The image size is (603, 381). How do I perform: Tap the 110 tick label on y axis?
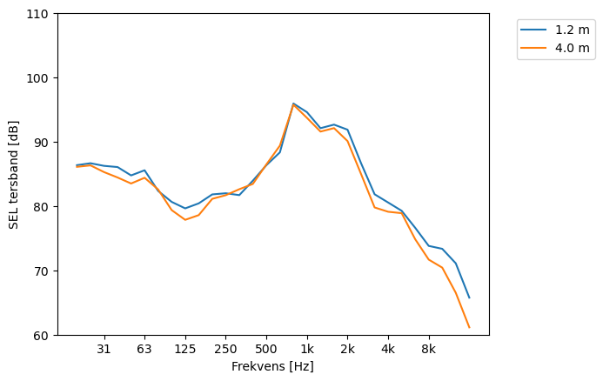click(40, 14)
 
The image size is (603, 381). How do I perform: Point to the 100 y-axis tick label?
click(40, 78)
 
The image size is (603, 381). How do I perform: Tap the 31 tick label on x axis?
click(104, 349)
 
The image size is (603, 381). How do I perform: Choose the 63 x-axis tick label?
click(144, 349)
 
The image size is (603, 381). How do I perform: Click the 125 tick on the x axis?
click(184, 349)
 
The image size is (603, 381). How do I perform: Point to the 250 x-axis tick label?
click(225, 349)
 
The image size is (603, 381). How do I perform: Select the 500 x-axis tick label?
click(266, 349)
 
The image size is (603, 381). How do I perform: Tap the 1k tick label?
click(307, 349)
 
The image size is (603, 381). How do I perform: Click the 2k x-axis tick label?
click(347, 349)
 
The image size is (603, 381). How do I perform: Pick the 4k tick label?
click(388, 349)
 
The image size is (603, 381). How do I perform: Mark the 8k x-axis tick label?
click(429, 349)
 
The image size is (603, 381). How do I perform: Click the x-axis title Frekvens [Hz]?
click(272, 366)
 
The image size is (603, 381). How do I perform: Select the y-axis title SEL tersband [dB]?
click(14, 175)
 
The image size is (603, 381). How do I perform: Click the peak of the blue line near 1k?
click(293, 104)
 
